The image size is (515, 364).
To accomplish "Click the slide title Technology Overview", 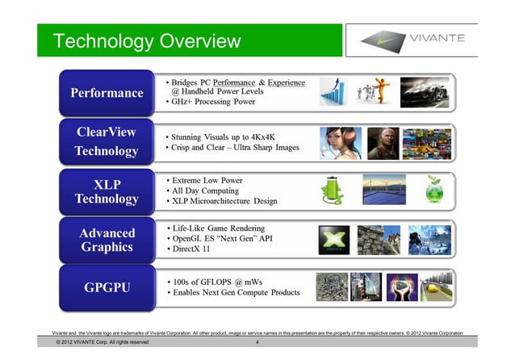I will (147, 41).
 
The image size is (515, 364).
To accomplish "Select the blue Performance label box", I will (107, 93).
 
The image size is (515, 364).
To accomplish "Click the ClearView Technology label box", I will (107, 141).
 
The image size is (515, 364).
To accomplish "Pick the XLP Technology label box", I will (107, 189).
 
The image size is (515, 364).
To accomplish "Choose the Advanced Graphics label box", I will (107, 240).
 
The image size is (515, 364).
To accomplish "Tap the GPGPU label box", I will (107, 287).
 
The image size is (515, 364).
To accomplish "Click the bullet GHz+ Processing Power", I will (212, 103).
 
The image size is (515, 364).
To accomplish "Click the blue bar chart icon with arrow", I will (333, 91).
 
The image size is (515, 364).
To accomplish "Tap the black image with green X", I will (333, 240).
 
